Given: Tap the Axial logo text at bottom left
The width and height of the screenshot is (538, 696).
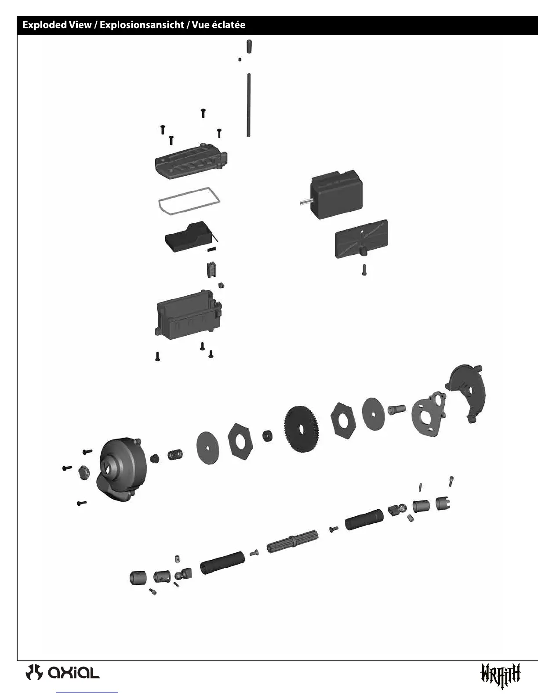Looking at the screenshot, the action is pos(73,672).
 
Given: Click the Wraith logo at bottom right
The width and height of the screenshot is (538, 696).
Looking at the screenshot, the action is pos(501,674).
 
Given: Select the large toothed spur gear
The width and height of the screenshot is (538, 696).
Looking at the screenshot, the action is pos(302,429).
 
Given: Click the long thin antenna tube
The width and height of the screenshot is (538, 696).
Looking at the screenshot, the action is pos(249,105).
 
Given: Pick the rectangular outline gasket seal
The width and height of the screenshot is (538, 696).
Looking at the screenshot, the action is pos(189,201).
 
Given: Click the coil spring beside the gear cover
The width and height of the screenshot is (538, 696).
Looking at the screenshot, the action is pos(175,455).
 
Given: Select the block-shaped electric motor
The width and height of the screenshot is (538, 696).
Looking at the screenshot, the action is pos(336,195).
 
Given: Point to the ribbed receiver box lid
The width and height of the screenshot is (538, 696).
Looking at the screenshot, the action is pos(191,163).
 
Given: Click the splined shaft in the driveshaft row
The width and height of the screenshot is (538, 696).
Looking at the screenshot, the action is pos(292,541).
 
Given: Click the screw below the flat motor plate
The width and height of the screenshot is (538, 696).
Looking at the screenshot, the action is pos(364,270).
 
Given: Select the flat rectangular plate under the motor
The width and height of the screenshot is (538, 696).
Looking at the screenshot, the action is pos(361,239).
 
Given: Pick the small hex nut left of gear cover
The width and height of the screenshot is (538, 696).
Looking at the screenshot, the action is pos(84,472).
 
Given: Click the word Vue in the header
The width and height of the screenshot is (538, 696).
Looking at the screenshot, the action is pos(201,25).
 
